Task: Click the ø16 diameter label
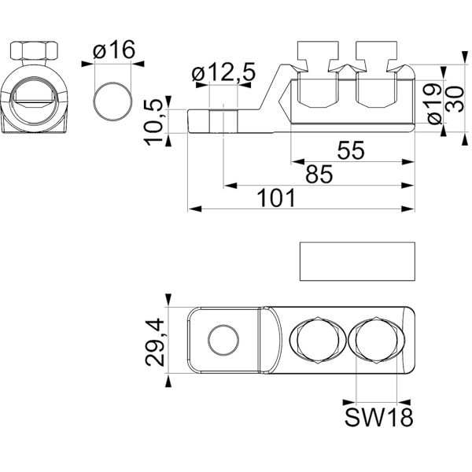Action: pyautogui.click(x=114, y=50)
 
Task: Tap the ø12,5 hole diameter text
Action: pyautogui.click(x=223, y=72)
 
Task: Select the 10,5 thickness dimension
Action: pyautogui.click(x=154, y=122)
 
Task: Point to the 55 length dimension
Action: pyautogui.click(x=351, y=150)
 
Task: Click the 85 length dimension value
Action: pyautogui.click(x=319, y=174)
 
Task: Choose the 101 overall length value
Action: pyautogui.click(x=276, y=197)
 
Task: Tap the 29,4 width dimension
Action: pyautogui.click(x=155, y=343)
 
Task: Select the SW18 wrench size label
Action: pyautogui.click(x=378, y=417)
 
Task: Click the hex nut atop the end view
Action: pyautogui.click(x=34, y=50)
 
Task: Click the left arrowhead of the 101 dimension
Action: pyautogui.click(x=194, y=209)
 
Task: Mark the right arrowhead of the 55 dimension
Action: pyautogui.click(x=408, y=161)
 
